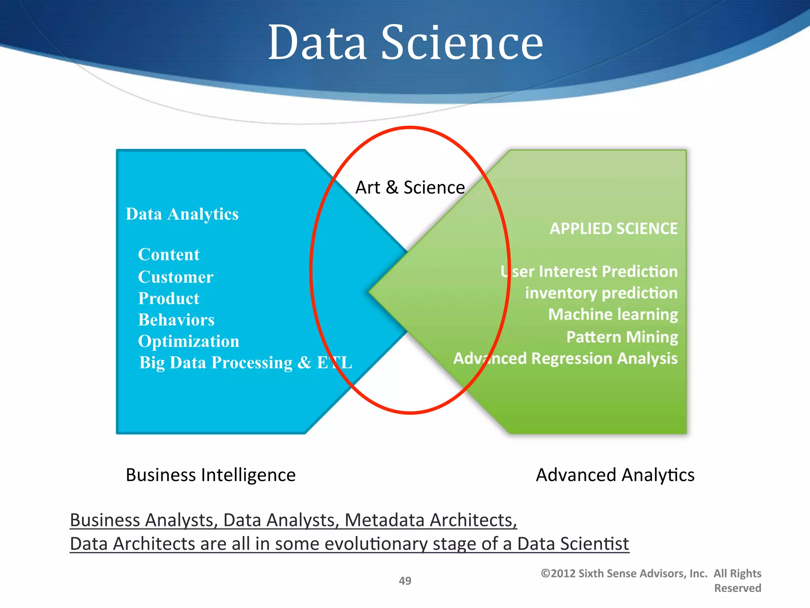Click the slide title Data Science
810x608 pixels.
405,42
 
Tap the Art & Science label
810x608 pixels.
410,187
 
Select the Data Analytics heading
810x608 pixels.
182,214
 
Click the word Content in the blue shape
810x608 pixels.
169,255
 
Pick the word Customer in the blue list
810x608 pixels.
176,277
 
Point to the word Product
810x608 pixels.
169,298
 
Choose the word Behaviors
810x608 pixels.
176,320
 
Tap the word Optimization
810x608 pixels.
189,341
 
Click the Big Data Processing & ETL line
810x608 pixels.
245,363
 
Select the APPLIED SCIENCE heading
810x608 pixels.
613,229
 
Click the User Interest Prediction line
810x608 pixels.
589,272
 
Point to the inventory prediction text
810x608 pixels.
601,293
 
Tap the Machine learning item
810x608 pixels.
613,315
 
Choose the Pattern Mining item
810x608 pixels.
622,337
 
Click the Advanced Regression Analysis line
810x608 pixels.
565,359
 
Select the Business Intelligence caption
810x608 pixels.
210,475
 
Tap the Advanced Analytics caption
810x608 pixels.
615,475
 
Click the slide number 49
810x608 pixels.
405,581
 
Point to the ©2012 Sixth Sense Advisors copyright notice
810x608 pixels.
651,580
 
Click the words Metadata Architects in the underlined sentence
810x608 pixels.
431,520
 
